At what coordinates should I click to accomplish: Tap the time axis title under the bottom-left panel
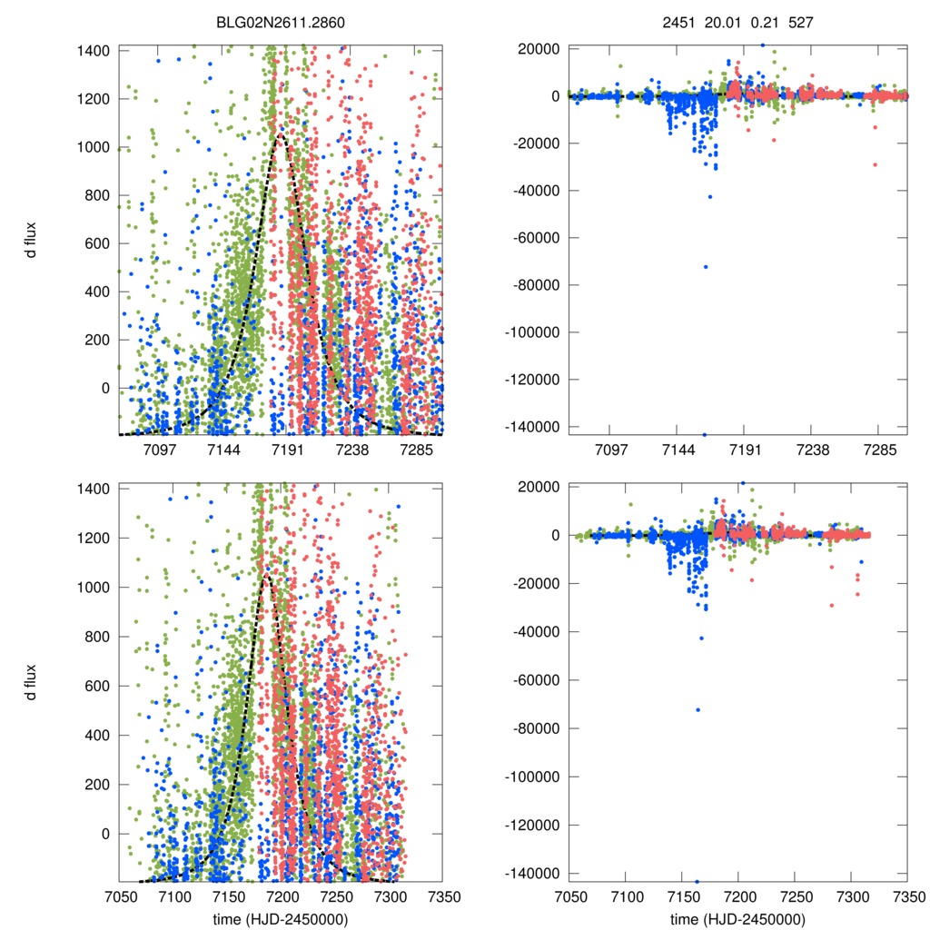pyautogui.click(x=280, y=919)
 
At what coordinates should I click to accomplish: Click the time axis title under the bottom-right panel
pyautogui.click(x=737, y=919)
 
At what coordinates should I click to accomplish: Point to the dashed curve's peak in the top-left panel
pyautogui.click(x=280, y=135)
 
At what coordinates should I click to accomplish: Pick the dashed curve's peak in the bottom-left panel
pyautogui.click(x=265, y=575)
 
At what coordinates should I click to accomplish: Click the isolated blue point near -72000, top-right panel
pyautogui.click(x=706, y=266)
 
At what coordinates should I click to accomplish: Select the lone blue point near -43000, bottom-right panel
pyautogui.click(x=701, y=638)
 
